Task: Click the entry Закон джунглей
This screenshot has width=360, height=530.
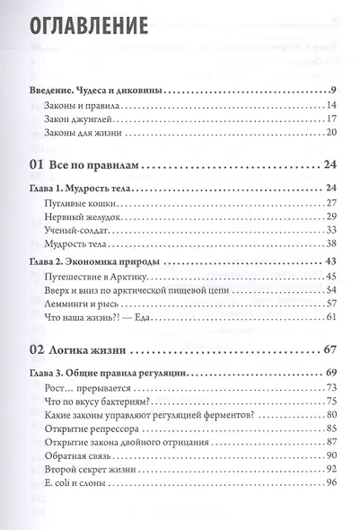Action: point(81,122)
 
